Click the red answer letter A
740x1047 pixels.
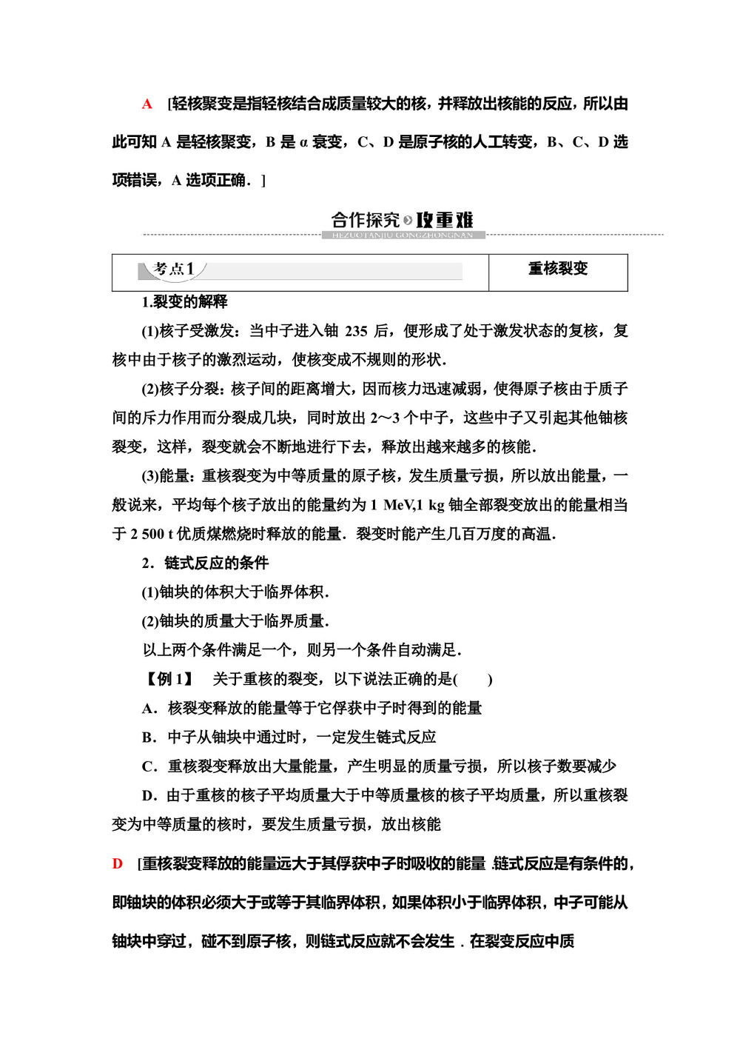[x=147, y=104]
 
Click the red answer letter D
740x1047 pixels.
[x=118, y=863]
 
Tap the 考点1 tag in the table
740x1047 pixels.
[x=173, y=269]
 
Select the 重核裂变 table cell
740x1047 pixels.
[x=558, y=269]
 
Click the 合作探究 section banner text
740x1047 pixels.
[x=366, y=220]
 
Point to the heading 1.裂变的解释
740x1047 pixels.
[x=184, y=301]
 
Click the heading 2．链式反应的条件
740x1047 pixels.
[x=205, y=563]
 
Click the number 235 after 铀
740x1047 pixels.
[x=356, y=331]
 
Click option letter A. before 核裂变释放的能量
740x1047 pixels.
[x=149, y=709]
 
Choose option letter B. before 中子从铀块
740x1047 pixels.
[x=149, y=737]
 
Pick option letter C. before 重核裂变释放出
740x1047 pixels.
[x=149, y=766]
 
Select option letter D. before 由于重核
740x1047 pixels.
[x=149, y=795]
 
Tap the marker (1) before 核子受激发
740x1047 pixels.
[x=150, y=331]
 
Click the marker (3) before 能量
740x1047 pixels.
[x=150, y=476]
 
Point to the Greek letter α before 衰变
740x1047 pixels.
[x=303, y=142]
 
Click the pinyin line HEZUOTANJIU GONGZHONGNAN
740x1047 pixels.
[x=403, y=235]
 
